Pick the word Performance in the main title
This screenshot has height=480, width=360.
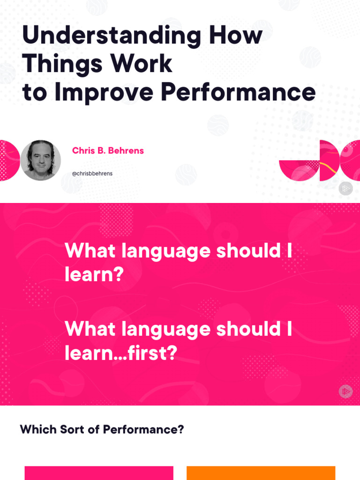click(x=238, y=92)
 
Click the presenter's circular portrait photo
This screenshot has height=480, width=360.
click(x=41, y=160)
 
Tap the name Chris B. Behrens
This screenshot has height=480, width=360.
click(x=108, y=151)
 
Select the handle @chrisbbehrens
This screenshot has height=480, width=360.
click(x=92, y=173)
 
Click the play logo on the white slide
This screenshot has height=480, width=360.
click(x=345, y=188)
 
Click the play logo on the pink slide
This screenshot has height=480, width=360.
click(x=345, y=391)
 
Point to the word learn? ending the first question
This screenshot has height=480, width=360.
click(x=94, y=275)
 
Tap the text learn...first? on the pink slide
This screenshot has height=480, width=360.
click(x=121, y=353)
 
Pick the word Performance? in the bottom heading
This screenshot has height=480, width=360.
click(x=143, y=429)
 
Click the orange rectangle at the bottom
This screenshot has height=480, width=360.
click(x=261, y=473)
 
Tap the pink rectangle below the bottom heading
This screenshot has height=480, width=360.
click(x=98, y=473)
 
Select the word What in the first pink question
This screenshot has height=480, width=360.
click(x=90, y=251)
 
